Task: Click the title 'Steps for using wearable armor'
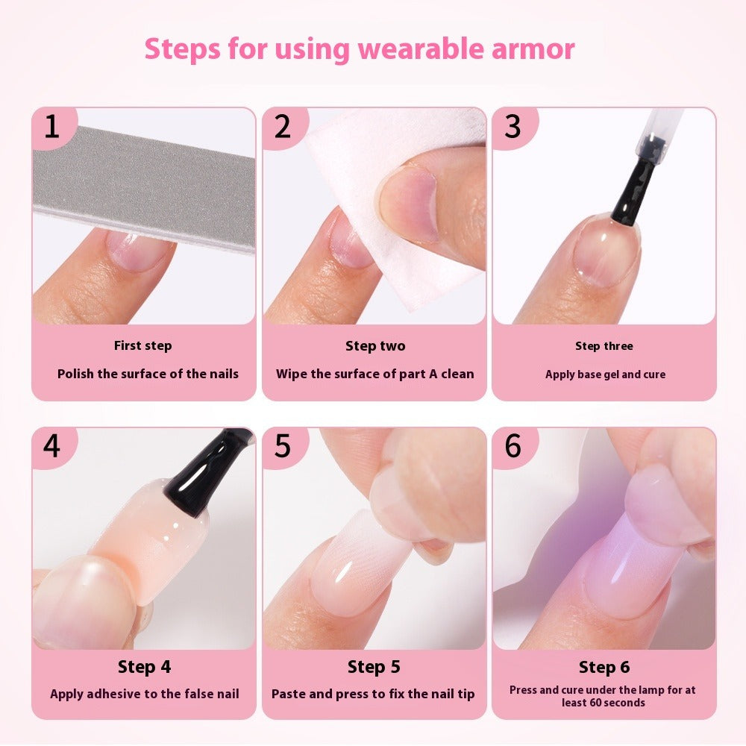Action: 360,49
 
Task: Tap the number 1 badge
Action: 51,127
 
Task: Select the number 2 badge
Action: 282,127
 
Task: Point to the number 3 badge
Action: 513,127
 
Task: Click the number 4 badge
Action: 51,446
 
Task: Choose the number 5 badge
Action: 282,446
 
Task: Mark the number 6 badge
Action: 513,446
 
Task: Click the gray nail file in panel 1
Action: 142,186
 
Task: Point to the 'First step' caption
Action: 142,345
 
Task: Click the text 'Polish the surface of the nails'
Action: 148,374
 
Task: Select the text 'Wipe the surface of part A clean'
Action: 374,374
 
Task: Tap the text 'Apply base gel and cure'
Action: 605,374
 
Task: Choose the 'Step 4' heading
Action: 144,667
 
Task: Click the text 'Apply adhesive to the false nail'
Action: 145,694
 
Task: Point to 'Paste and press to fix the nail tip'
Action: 373,694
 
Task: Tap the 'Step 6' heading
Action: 603,667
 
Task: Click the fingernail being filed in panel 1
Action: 138,250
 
